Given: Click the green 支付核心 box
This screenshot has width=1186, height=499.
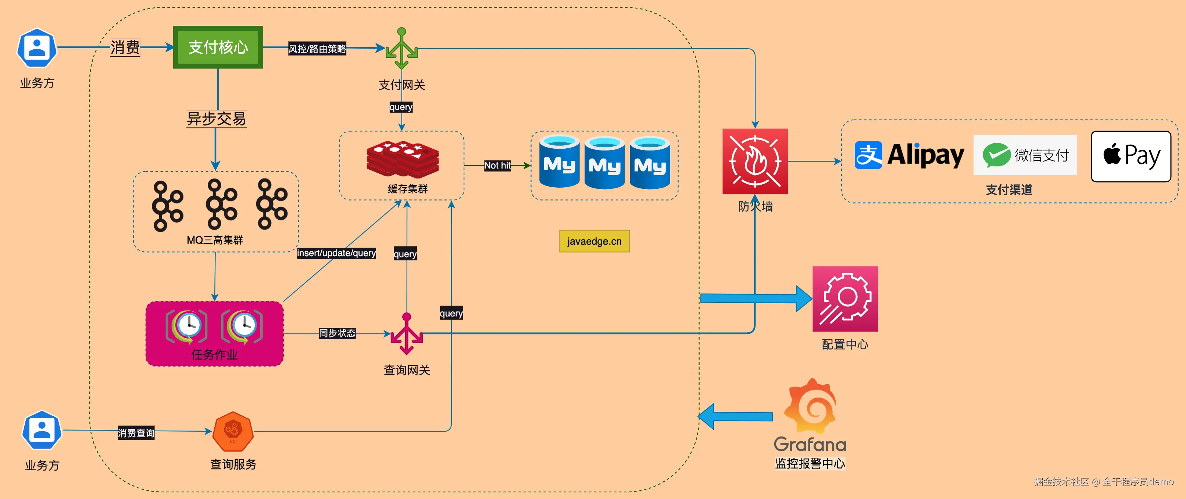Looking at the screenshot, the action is coord(218,47).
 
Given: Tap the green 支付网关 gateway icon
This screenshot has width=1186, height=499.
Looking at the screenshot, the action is coord(401,48).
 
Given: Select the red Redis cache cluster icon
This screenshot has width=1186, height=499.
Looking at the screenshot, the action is coord(403,159).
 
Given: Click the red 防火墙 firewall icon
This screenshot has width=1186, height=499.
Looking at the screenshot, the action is coord(755,161).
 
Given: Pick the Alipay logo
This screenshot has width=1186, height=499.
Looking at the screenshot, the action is coord(909,155).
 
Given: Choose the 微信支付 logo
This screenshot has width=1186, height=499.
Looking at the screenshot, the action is coord(1025,155).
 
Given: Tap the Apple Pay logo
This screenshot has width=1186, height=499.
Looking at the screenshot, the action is coord(1131,156).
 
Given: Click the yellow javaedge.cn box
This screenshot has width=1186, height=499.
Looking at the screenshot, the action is coord(594,241).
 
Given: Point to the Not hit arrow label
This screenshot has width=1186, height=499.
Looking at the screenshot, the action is coord(497,165).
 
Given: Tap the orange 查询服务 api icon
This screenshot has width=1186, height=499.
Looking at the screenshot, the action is coord(233,432).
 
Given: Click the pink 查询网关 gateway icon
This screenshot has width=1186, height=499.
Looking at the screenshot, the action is coord(407,334).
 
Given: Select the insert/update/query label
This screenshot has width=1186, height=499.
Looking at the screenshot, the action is coord(336,253).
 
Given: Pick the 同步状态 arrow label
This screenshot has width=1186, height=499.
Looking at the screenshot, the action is coord(337,333).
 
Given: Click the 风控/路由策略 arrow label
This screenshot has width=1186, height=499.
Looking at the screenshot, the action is coord(317,48).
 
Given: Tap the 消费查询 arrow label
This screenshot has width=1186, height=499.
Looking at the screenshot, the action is coord(136,433).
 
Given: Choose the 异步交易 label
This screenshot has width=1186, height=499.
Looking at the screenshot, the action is coord(217,119).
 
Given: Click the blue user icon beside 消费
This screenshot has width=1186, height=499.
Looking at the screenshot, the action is coord(37,47).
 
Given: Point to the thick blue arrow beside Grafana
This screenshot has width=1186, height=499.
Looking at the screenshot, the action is coord(735,416).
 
